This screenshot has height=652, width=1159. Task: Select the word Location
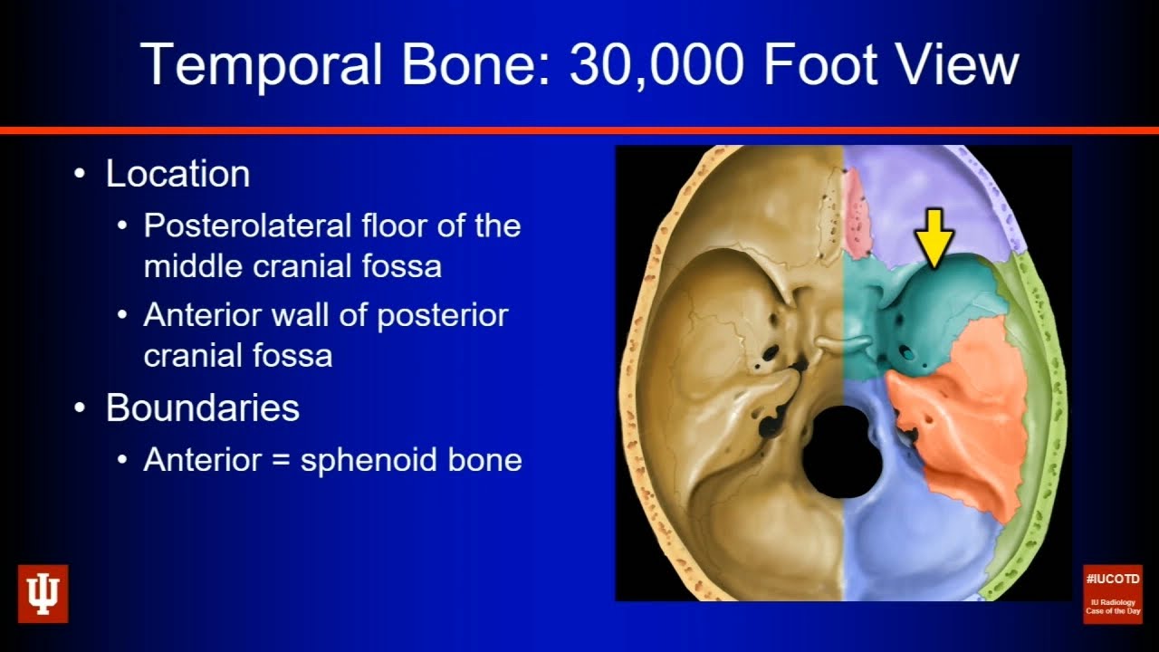[x=177, y=174]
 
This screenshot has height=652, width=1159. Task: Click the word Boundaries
[x=202, y=408]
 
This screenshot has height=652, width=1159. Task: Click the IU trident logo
[x=43, y=594]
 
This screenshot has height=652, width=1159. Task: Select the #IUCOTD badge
[x=1113, y=593]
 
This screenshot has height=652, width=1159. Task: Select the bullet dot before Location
[x=82, y=174]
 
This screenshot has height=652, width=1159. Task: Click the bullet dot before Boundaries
[x=82, y=408]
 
